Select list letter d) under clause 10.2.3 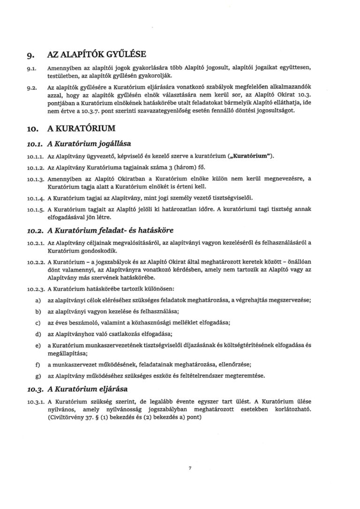37,334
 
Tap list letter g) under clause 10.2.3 37,375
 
